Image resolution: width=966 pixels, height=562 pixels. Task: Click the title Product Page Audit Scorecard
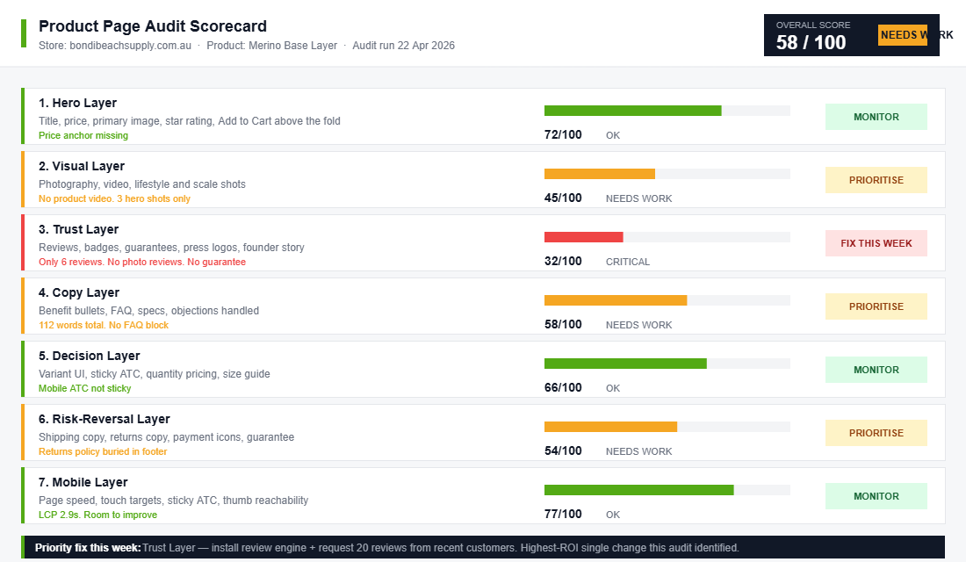click(152, 26)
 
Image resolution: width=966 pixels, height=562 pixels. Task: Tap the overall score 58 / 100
click(811, 42)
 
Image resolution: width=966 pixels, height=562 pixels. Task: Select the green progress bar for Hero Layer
click(632, 111)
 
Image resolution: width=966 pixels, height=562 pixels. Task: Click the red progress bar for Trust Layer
click(583, 237)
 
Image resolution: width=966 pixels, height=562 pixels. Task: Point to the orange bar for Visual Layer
click(599, 174)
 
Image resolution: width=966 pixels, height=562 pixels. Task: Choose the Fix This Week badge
click(876, 243)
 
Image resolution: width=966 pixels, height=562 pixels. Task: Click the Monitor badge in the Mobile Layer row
click(876, 496)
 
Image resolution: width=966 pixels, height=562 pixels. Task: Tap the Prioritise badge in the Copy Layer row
click(876, 306)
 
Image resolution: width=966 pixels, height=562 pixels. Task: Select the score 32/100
click(563, 261)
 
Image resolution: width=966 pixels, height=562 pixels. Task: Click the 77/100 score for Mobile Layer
click(563, 514)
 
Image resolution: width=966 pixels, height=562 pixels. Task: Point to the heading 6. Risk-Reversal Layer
click(104, 419)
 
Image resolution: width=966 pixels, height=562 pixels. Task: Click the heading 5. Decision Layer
click(89, 356)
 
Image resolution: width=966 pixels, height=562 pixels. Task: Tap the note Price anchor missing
click(83, 135)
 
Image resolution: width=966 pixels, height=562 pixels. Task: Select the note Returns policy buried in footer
click(103, 451)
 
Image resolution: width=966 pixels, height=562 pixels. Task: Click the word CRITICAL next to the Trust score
click(627, 262)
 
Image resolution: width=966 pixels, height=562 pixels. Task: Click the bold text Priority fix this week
click(88, 547)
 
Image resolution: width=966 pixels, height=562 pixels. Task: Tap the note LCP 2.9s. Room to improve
click(97, 515)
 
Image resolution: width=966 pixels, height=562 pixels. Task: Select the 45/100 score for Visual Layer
click(563, 198)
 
